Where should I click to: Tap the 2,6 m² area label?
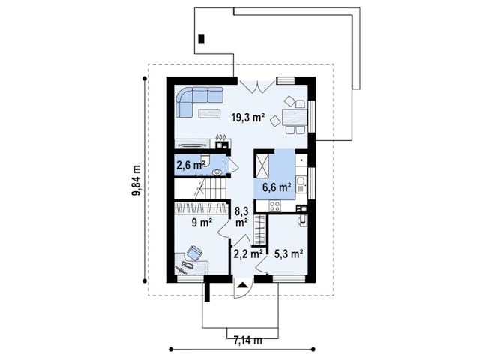pos(190,165)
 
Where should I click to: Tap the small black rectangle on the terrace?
pos(201,39)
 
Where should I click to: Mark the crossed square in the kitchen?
pos(262,163)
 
